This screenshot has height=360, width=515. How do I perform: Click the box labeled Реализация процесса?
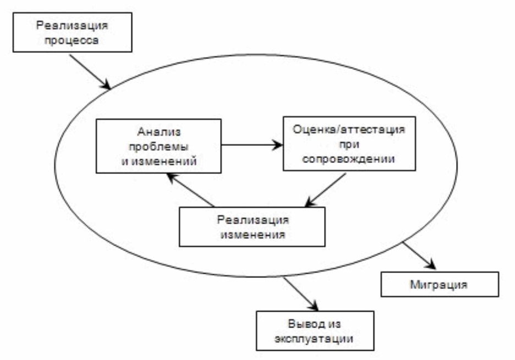72,32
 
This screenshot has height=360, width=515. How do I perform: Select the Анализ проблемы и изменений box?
158,146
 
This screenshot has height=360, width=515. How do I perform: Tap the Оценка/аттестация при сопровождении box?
349,144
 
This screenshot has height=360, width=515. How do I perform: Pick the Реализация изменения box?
252,227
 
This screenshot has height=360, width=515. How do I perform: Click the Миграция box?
440,285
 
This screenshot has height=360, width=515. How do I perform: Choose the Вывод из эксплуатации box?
315,331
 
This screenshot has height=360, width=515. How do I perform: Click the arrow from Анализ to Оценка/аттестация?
252,145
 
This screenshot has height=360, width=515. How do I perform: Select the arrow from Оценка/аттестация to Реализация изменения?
325,190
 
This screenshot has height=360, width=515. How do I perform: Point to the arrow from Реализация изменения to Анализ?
190,190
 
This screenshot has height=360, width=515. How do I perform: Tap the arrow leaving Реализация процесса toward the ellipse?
90,72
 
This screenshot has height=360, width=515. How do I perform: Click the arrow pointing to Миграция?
419,255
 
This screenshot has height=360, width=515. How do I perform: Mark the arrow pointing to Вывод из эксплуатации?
301,293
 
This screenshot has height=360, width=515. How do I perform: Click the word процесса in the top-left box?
72,40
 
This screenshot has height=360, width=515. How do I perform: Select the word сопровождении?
348,159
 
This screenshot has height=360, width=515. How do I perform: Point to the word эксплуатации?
314,339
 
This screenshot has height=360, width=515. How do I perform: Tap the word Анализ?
159,132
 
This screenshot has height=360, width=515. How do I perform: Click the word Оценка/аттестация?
349,129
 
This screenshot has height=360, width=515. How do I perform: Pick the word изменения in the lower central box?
253,234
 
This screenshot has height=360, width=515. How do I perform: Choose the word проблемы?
158,146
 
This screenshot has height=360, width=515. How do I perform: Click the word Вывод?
300,324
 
